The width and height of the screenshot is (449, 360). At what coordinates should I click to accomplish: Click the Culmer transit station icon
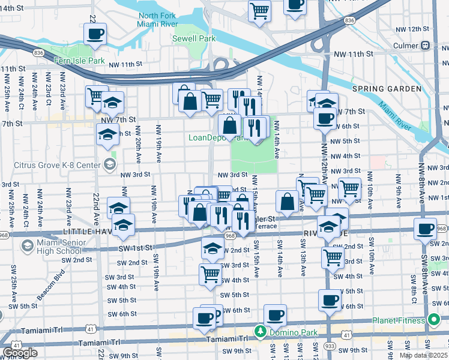click(426, 45)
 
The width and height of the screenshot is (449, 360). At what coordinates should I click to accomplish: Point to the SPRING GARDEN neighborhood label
click(387, 89)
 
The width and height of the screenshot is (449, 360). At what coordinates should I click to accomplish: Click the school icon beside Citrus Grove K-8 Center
click(109, 163)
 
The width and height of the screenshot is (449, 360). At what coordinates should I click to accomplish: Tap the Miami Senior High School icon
click(27, 245)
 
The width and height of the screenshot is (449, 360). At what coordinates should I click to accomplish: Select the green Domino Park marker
click(261, 331)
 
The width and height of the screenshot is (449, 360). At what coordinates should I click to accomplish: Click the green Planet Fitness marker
click(432, 320)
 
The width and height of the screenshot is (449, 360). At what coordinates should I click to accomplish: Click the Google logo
click(20, 352)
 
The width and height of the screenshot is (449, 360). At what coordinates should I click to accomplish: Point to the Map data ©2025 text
click(423, 355)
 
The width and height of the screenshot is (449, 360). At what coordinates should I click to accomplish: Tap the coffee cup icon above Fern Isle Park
click(95, 34)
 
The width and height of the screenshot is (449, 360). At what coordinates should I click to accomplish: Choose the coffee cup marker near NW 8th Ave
click(426, 228)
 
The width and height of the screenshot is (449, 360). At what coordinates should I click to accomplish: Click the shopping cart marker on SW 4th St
click(211, 274)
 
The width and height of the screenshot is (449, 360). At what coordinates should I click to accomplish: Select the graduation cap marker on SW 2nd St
click(212, 247)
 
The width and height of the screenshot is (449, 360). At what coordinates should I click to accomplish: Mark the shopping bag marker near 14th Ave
click(287, 201)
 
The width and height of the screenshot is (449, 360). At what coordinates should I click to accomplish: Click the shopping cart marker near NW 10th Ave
click(349, 188)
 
